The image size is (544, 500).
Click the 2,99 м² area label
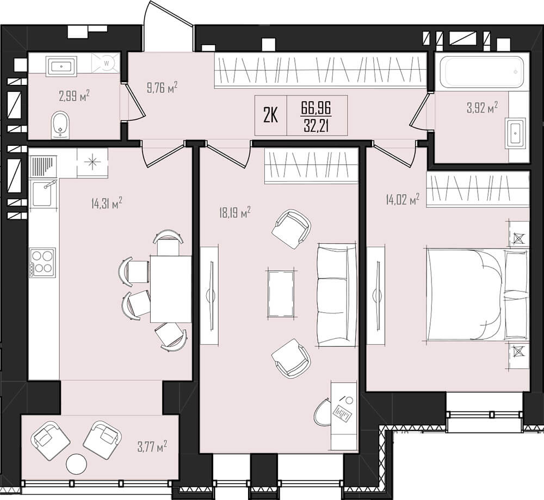(74, 95)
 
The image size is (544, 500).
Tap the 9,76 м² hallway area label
(162, 88)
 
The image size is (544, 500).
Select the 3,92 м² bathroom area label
(483, 108)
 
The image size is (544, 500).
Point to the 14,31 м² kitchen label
(107, 203)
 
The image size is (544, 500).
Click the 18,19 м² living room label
(235, 212)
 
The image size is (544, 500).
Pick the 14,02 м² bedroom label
(403, 200)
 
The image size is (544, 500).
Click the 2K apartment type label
(270, 116)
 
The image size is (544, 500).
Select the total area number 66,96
(317, 108)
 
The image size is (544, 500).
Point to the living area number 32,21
(317, 125)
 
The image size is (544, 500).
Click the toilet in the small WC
(60, 125)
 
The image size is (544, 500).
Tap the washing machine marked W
(106, 63)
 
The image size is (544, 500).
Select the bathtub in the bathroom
(481, 72)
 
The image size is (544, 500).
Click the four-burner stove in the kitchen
(42, 262)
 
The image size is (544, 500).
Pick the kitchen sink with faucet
(42, 193)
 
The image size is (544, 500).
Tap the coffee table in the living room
(281, 294)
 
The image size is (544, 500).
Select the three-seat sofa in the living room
(337, 295)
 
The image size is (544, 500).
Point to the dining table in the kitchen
(171, 289)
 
